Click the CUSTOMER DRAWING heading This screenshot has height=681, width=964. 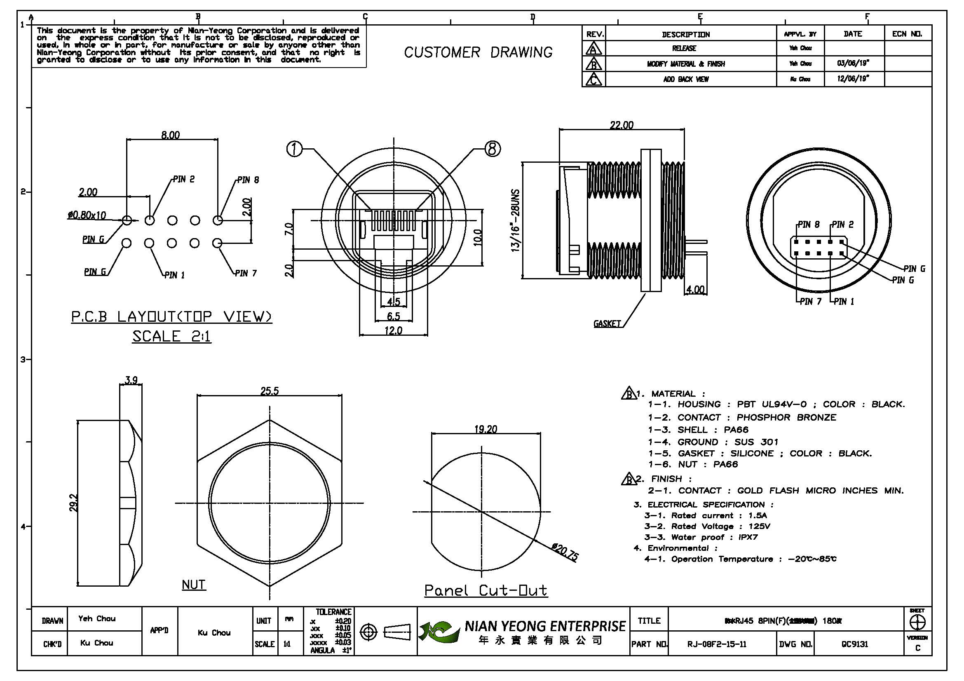[478, 52]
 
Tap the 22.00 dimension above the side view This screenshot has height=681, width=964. [622, 125]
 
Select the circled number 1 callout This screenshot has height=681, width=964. [294, 149]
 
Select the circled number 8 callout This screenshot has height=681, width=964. [493, 149]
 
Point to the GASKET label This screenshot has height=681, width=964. [607, 323]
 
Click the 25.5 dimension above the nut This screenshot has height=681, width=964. [270, 391]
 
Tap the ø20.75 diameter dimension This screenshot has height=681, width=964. [565, 552]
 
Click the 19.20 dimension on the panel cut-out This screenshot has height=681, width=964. [486, 429]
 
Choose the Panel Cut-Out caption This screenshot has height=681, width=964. [486, 590]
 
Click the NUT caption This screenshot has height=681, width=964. [194, 585]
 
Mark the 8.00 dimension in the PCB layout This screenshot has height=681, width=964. [171, 135]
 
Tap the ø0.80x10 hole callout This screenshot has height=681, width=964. [87, 215]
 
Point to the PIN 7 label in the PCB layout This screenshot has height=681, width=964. [246, 273]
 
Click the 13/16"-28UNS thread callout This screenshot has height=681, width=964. [516, 221]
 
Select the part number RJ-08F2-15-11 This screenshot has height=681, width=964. [717, 644]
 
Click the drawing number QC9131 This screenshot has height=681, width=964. [854, 644]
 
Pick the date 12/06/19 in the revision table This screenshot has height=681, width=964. [853, 79]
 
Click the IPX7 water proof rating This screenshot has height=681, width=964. [748, 537]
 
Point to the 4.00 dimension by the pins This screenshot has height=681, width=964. [695, 290]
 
